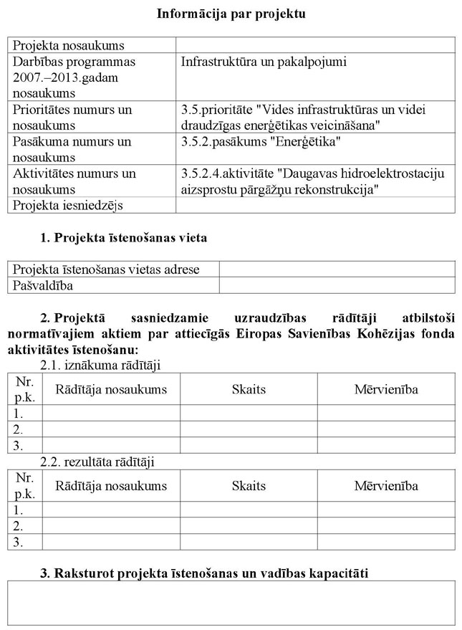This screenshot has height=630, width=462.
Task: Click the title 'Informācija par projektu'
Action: [x=231, y=14]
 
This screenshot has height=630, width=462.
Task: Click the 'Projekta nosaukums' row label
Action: [x=69, y=46]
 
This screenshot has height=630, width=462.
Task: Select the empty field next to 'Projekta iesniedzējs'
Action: [x=314, y=206]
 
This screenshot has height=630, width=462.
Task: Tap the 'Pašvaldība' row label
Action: [x=44, y=285]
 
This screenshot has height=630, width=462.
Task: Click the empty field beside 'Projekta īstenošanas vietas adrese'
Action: [x=337, y=269]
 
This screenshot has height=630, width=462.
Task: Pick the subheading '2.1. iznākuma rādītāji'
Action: [x=100, y=365]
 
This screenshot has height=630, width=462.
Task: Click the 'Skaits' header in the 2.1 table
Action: [x=249, y=389]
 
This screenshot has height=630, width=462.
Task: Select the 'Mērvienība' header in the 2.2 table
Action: [x=386, y=486]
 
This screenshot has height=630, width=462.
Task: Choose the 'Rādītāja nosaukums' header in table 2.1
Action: [x=111, y=389]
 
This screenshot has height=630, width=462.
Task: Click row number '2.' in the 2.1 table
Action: [x=19, y=429]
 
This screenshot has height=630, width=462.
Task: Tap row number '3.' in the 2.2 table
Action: [x=19, y=542]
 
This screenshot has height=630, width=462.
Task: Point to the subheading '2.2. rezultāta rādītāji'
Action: [x=97, y=462]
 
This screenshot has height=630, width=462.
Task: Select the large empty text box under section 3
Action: [x=231, y=603]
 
